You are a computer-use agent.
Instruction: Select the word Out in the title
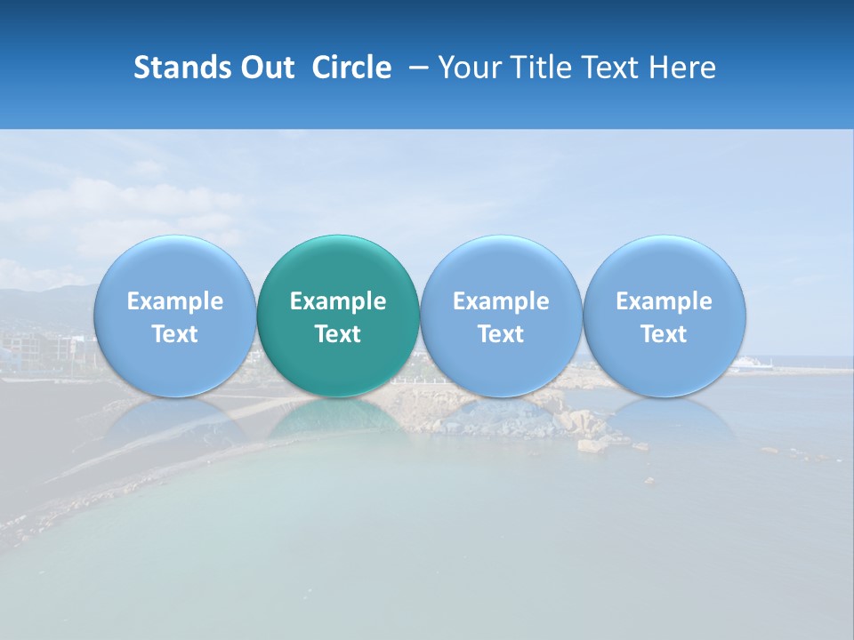(x=264, y=68)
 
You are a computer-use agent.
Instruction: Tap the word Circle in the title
(x=351, y=68)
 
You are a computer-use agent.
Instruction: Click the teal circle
(x=338, y=267)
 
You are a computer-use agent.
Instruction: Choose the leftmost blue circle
(x=174, y=267)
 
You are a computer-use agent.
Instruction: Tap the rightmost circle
(x=664, y=267)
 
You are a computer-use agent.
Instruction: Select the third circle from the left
(x=501, y=267)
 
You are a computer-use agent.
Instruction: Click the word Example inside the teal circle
(x=338, y=301)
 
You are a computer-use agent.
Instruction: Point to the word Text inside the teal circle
(x=338, y=334)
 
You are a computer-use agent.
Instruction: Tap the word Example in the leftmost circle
(x=174, y=301)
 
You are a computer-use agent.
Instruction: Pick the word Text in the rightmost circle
(x=664, y=334)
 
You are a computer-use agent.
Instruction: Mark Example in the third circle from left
(x=501, y=301)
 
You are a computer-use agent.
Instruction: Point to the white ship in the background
(x=753, y=364)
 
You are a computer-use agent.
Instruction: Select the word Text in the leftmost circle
(x=174, y=334)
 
